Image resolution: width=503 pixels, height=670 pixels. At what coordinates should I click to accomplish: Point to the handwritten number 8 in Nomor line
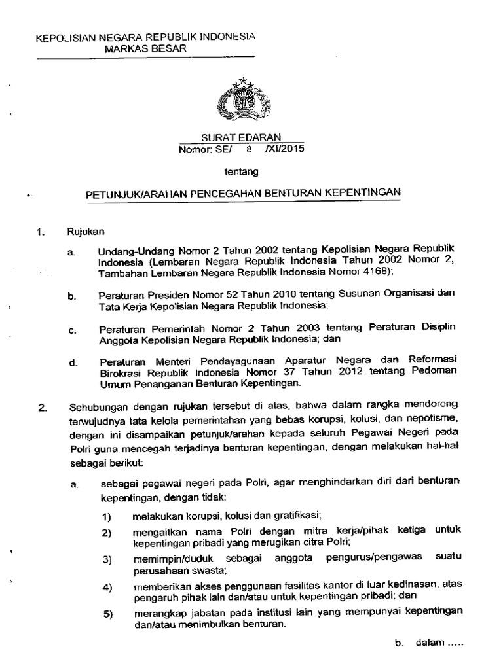[x=248, y=149]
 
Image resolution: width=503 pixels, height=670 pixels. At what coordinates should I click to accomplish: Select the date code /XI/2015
[x=284, y=149]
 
